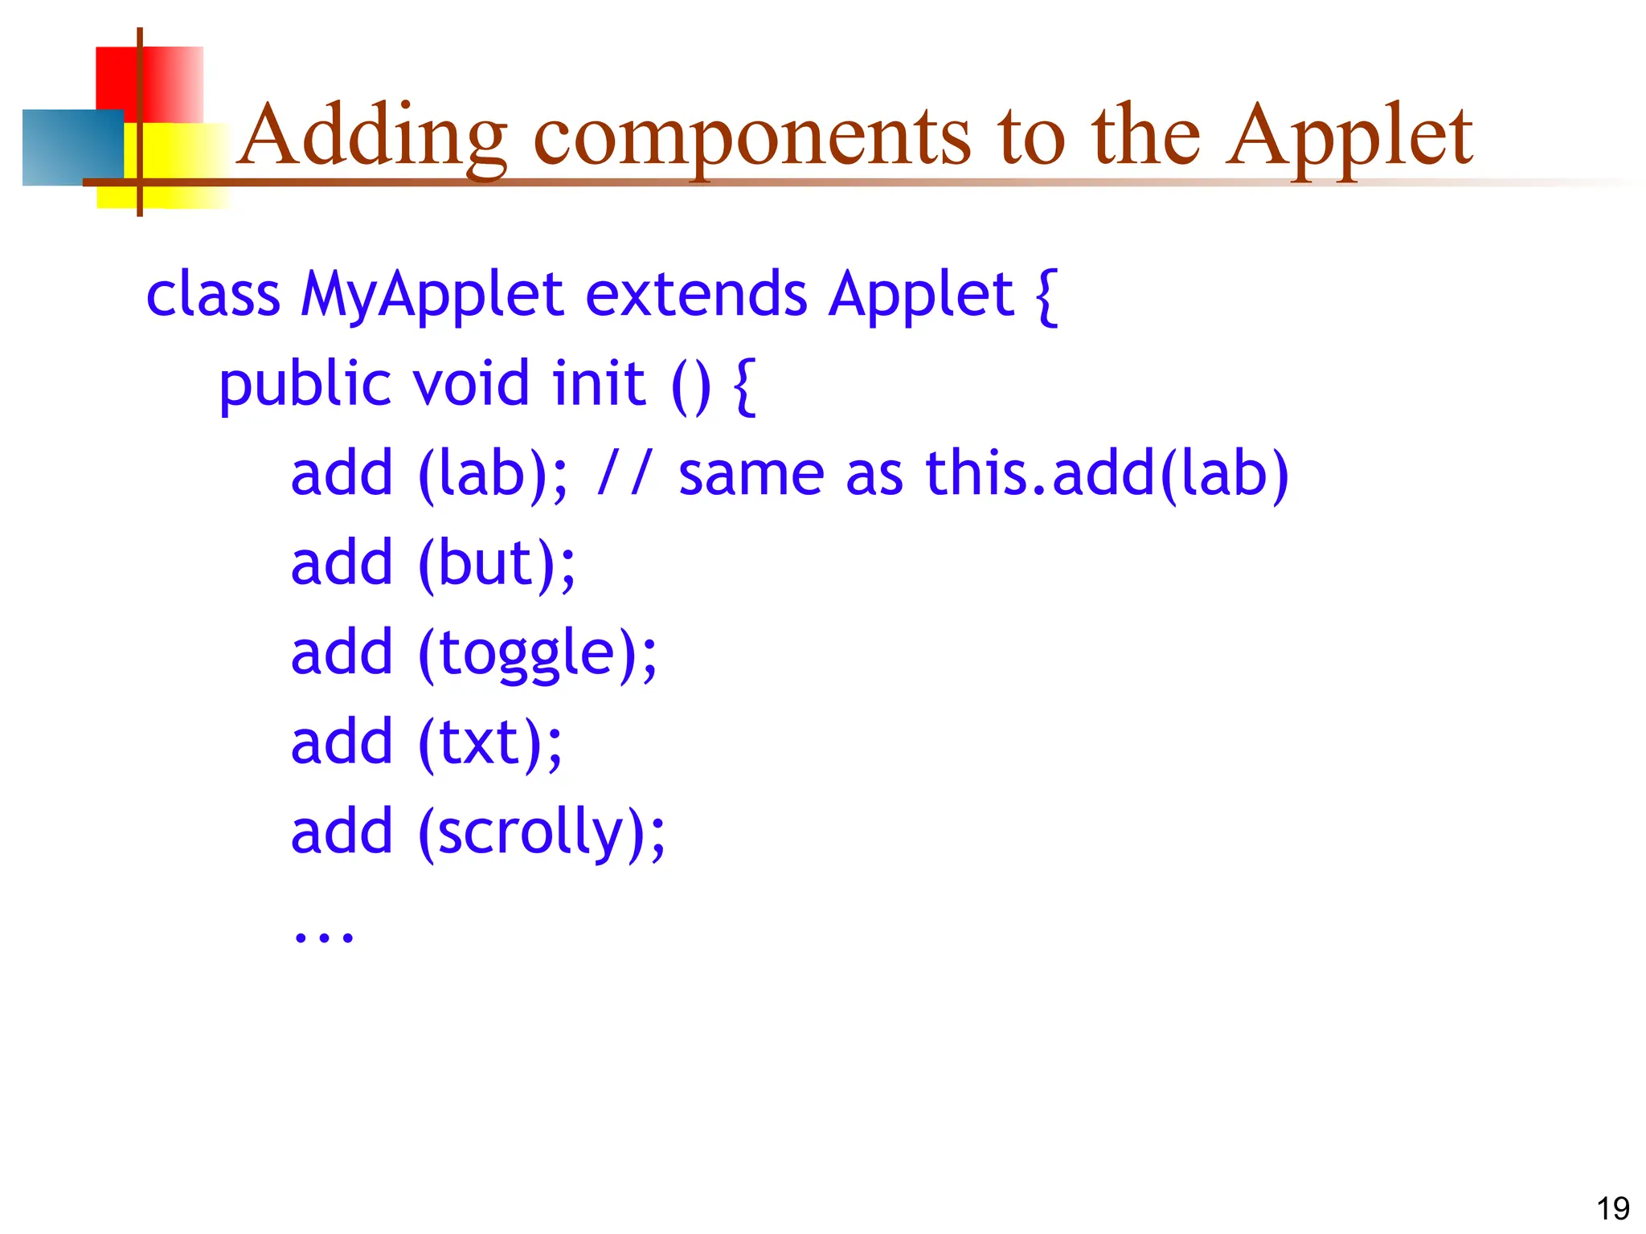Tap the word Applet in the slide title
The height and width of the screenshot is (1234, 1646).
[1349, 137]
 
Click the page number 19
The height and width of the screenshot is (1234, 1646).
[1612, 1208]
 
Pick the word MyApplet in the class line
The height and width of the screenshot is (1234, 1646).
[431, 296]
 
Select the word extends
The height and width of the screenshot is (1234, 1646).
[695, 294]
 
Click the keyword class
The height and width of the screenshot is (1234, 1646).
[213, 296]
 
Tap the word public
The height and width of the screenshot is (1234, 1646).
[305, 384]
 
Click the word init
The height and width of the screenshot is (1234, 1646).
[599, 383]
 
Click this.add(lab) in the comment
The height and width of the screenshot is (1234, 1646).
[1107, 474]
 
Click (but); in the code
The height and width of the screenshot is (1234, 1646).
[497, 564]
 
